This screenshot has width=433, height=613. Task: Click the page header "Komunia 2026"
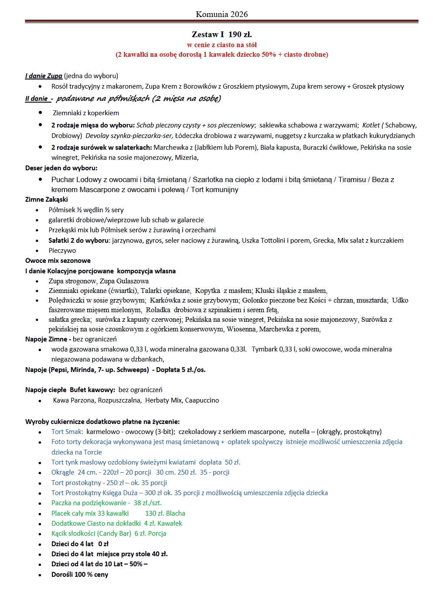222,14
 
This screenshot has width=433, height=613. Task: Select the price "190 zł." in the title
240,34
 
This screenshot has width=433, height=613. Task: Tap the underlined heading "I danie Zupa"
44,76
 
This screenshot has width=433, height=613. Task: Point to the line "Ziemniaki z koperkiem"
86,113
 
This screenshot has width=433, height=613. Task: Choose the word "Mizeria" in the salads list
186,158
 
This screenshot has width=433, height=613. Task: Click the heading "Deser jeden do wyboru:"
61,168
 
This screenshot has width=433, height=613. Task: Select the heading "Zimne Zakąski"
47,200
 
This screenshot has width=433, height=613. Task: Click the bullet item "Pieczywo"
62,251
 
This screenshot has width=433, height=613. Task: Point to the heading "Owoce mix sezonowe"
58,261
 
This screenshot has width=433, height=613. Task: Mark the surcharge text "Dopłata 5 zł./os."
181,370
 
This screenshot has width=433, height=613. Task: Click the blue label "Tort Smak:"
67,432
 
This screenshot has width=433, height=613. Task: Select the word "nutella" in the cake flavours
300,432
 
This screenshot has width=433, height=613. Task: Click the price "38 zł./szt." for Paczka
147,503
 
